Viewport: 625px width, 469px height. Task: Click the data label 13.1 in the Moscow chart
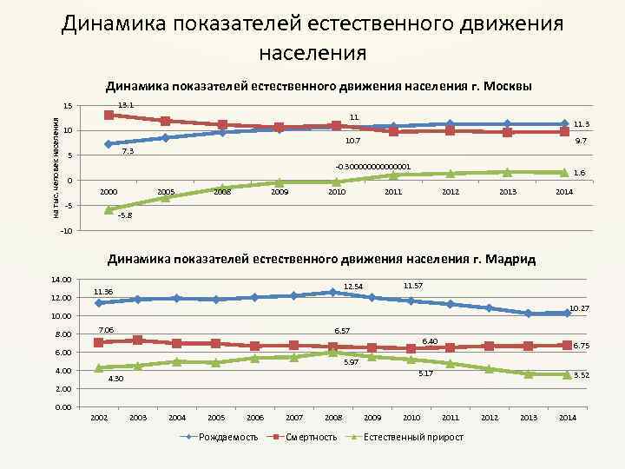pyautogui.click(x=125, y=105)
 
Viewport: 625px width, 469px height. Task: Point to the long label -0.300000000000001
pyautogui.click(x=372, y=166)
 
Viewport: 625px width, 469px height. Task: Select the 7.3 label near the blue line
pyautogui.click(x=127, y=151)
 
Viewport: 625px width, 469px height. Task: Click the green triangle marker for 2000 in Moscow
pyautogui.click(x=109, y=209)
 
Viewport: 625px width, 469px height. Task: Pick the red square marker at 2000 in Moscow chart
pyautogui.click(x=109, y=115)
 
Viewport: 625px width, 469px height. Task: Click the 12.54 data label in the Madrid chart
pyautogui.click(x=353, y=286)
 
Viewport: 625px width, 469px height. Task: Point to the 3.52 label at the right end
pyautogui.click(x=582, y=375)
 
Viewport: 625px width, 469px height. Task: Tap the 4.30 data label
pyautogui.click(x=115, y=379)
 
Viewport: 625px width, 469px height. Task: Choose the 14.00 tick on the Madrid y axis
pyautogui.click(x=62, y=279)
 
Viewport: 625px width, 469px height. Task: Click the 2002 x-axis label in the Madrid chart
pyautogui.click(x=99, y=419)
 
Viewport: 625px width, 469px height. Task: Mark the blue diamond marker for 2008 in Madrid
pyautogui.click(x=332, y=292)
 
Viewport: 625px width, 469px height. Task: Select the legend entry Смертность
pyautogui.click(x=311, y=437)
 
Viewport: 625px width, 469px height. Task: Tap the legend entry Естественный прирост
pyautogui.click(x=414, y=437)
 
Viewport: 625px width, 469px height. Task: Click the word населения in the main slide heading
pyautogui.click(x=312, y=52)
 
